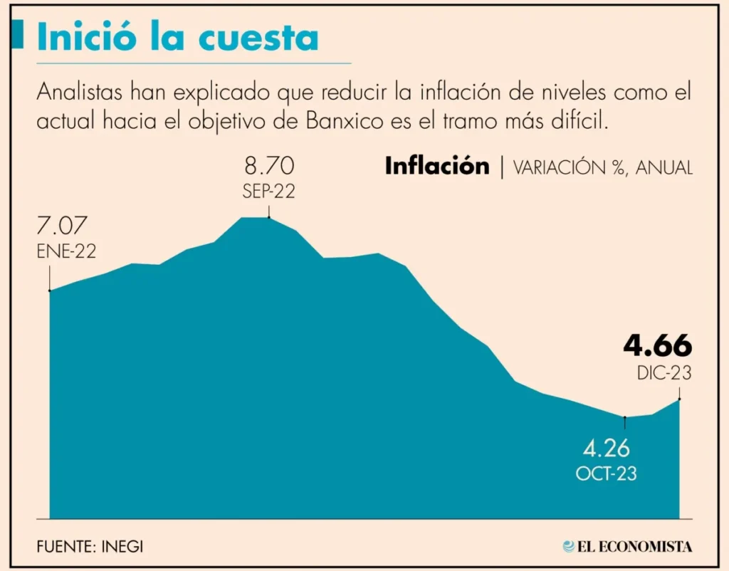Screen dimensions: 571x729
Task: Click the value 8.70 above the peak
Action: click(268, 169)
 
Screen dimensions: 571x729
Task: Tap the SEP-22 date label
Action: click(268, 192)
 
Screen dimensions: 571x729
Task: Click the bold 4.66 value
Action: click(657, 346)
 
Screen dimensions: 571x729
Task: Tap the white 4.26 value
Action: click(607, 449)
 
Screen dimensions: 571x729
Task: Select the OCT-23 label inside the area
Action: click(607, 473)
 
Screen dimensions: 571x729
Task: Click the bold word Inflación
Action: click(437, 167)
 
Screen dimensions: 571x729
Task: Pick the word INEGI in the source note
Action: click(130, 547)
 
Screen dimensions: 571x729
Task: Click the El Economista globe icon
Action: click(568, 546)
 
